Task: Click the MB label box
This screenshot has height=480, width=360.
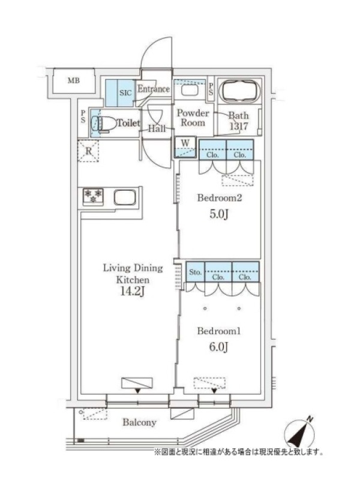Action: tap(73, 81)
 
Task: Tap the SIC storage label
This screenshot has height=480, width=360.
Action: tap(125, 93)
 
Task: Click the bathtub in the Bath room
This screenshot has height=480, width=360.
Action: tap(240, 91)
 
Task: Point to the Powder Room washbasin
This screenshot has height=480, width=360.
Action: tap(190, 90)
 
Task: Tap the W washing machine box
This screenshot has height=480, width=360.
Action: tap(185, 148)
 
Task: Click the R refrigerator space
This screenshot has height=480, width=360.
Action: tap(88, 151)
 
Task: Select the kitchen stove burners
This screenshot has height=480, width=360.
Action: tap(93, 196)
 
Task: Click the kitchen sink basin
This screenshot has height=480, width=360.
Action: tap(125, 197)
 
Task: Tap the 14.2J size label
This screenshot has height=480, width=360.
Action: tap(132, 291)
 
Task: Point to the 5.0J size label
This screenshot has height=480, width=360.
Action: tap(219, 214)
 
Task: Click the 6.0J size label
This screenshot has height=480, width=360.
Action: tap(219, 347)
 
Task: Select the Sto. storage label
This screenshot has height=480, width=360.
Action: tap(196, 272)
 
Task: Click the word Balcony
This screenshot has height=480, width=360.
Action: tap(140, 422)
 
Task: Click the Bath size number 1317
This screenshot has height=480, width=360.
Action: tap(239, 126)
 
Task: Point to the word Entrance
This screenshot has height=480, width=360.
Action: tap(154, 89)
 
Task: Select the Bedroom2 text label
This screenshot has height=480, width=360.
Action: tap(220, 198)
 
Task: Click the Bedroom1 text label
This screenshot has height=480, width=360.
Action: tap(219, 331)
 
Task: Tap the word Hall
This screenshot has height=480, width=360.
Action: tap(157, 128)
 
